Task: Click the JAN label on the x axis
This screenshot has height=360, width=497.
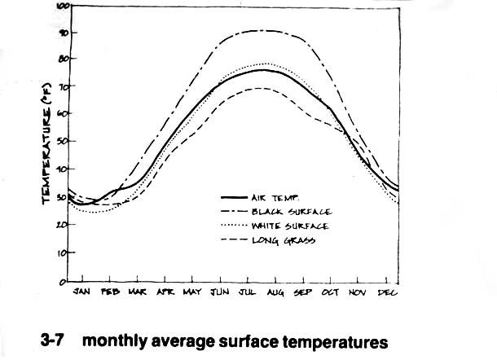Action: tap(81, 292)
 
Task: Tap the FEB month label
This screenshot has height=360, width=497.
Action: tap(110, 292)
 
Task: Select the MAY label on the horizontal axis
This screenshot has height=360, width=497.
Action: tap(192, 292)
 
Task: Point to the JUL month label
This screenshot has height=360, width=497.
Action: tap(248, 292)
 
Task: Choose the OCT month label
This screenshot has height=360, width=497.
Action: tap(329, 292)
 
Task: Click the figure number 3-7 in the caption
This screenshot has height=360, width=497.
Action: tap(54, 337)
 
